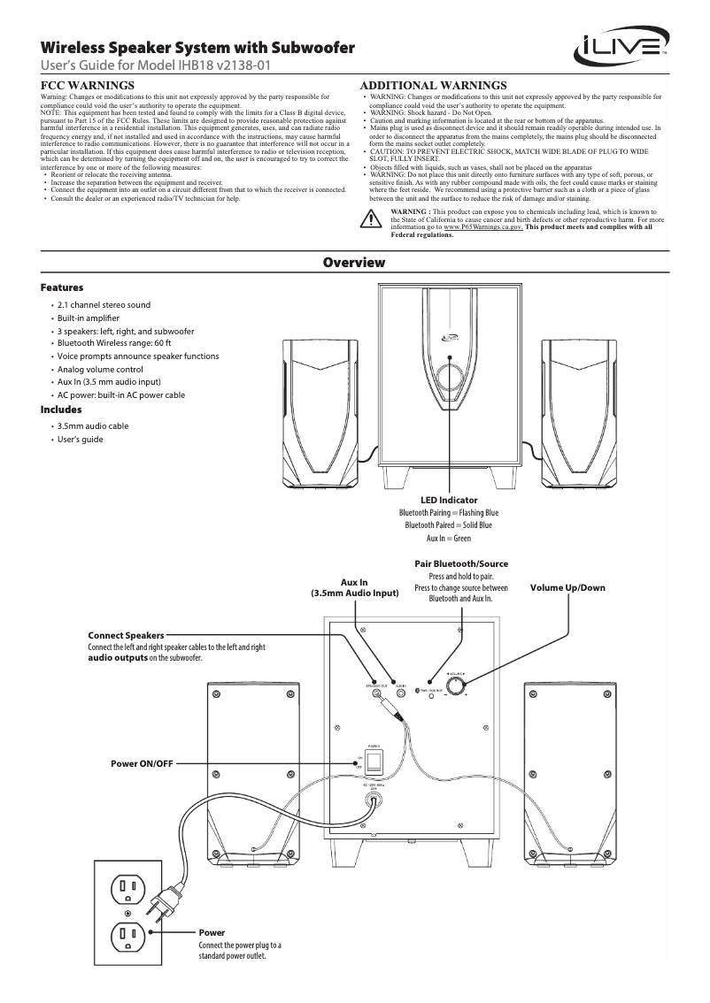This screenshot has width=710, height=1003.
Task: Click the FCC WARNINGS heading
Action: (89, 85)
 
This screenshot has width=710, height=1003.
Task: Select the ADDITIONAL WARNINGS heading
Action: (435, 85)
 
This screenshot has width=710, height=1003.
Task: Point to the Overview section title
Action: (354, 263)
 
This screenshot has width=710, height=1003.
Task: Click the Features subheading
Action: (62, 288)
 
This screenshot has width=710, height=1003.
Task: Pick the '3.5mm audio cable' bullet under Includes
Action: (93, 425)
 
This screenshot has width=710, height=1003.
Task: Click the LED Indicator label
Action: (449, 501)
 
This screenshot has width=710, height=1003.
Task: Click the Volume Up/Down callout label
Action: (567, 588)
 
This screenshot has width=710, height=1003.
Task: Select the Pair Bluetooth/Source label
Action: (461, 563)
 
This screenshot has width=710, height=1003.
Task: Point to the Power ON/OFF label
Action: (142, 762)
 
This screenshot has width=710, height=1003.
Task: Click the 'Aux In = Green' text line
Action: (449, 538)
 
